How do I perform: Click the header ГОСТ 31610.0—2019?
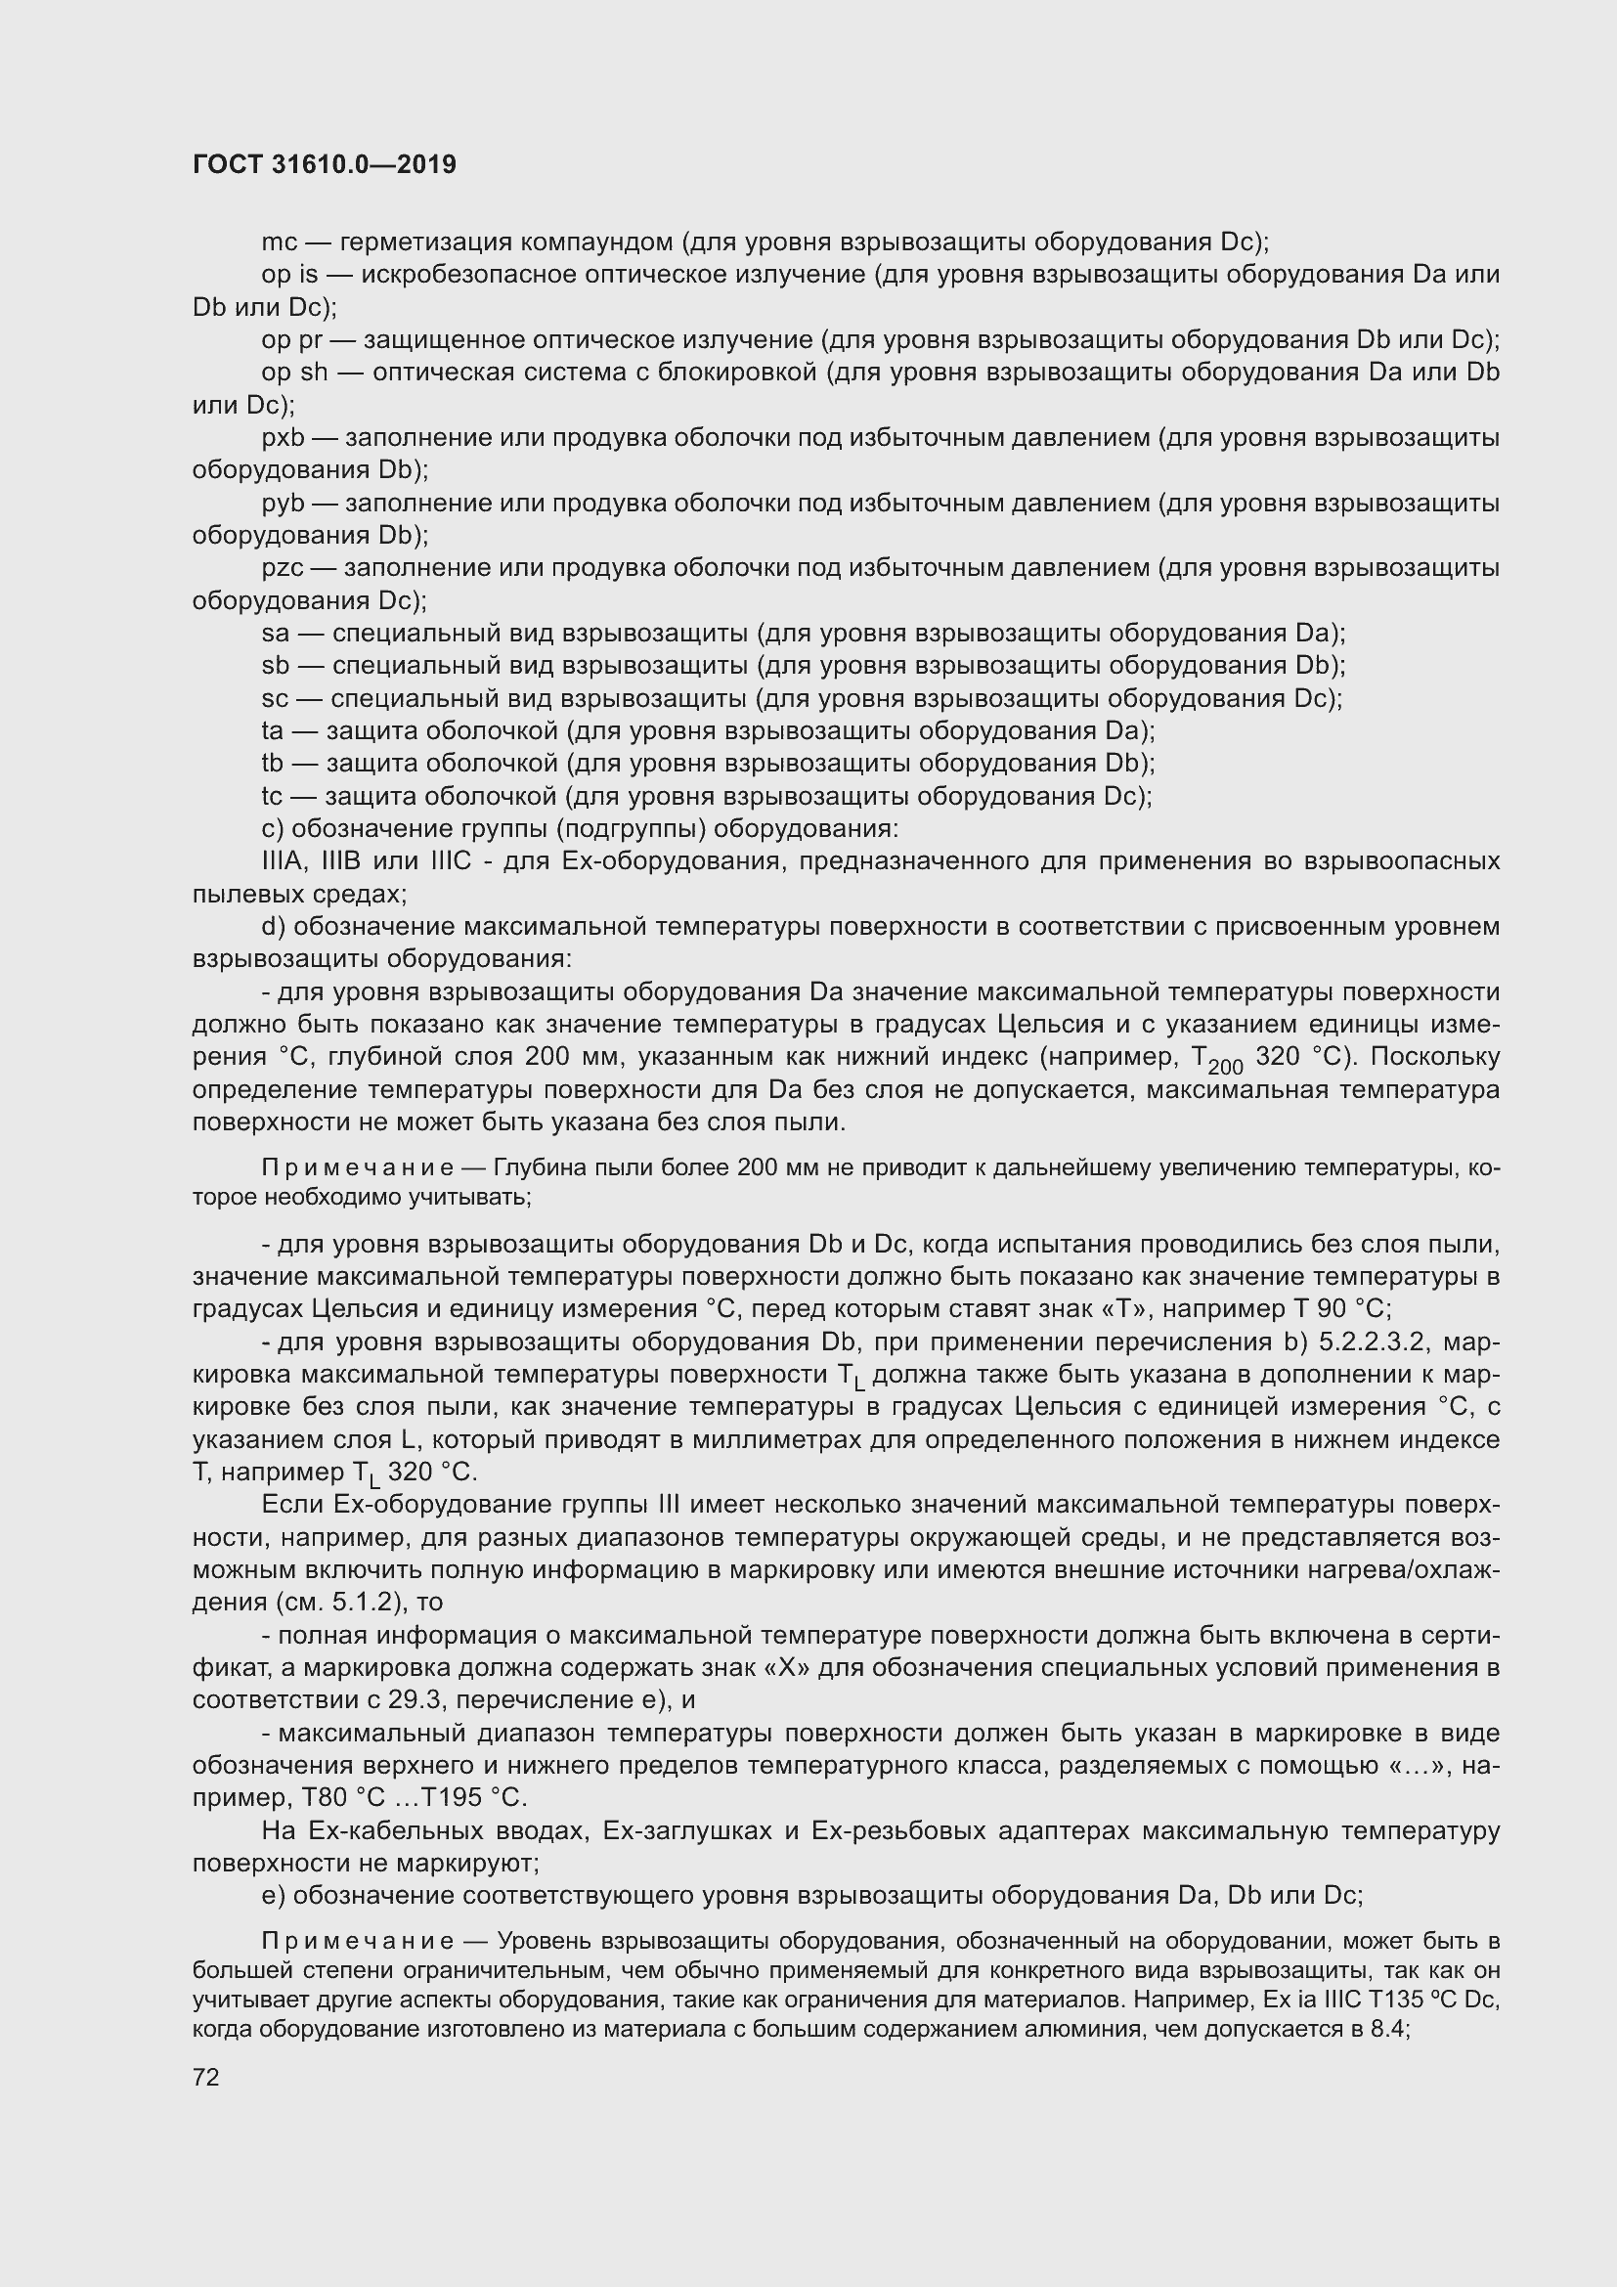tap(324, 164)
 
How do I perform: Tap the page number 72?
tap(206, 2078)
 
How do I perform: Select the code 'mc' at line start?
tap(280, 242)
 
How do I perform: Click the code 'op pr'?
tap(291, 340)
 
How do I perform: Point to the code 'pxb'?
tap(283, 438)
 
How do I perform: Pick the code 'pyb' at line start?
tap(283, 503)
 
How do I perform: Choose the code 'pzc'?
tap(283, 569)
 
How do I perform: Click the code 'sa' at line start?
tap(276, 634)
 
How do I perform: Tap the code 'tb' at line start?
tap(273, 764)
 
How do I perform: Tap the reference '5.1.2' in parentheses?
tap(361, 1603)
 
